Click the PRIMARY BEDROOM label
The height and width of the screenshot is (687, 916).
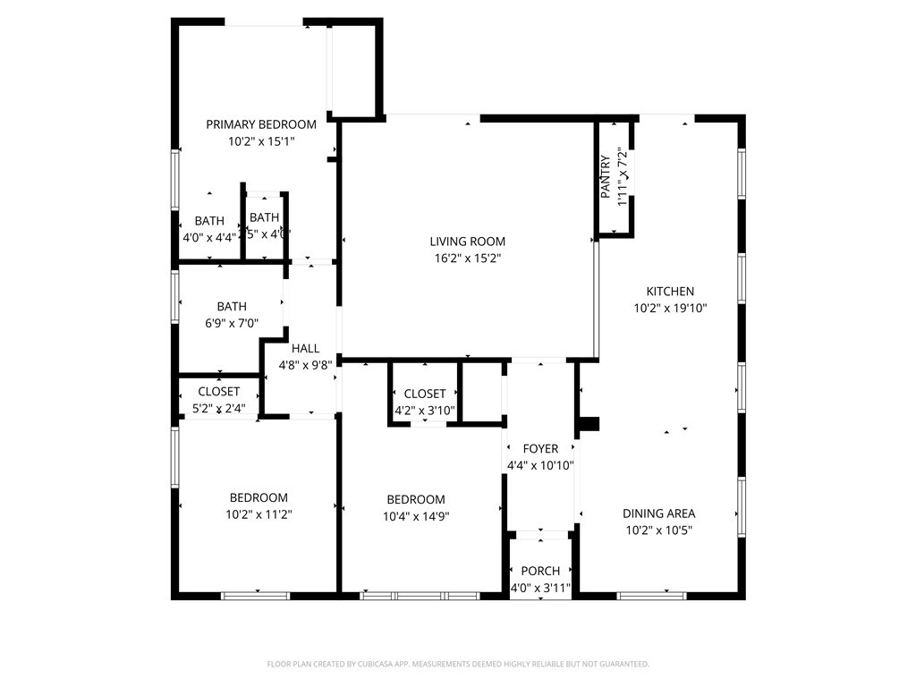click(261, 124)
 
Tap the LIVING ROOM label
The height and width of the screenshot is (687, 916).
click(467, 241)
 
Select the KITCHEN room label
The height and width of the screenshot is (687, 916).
click(670, 291)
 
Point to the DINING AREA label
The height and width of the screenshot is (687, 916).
click(658, 513)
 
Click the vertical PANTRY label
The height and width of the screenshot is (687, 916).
click(606, 176)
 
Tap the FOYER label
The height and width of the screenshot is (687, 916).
click(540, 448)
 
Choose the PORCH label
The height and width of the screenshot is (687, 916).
click(540, 571)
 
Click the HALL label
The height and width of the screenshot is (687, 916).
click(305, 348)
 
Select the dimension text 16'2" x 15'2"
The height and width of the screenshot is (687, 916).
click(467, 259)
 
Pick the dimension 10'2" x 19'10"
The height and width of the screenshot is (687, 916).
click(670, 308)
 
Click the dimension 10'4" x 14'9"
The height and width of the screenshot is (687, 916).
click(415, 516)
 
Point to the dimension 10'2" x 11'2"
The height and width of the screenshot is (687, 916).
click(259, 514)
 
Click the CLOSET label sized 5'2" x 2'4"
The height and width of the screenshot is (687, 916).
click(218, 391)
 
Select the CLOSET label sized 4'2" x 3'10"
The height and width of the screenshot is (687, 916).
click(425, 394)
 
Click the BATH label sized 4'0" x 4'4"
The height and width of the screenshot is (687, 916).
click(209, 221)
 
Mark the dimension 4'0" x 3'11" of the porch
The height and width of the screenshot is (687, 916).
click(540, 588)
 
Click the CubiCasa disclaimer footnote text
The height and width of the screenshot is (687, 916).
click(458, 664)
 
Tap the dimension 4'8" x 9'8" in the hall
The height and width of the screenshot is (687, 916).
click(305, 365)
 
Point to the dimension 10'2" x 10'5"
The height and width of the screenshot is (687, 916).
click(658, 530)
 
